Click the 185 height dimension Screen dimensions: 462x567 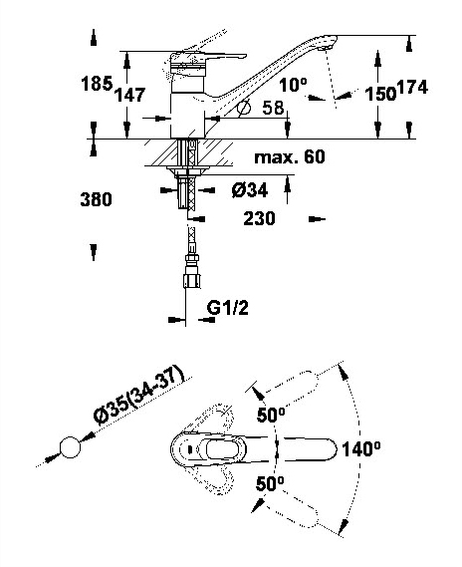click(x=97, y=84)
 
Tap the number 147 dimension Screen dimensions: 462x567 click(x=130, y=95)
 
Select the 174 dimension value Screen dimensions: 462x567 click(x=412, y=87)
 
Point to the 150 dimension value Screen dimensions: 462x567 click(x=380, y=94)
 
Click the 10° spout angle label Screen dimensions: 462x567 click(x=293, y=86)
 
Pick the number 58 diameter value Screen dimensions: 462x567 click(x=273, y=108)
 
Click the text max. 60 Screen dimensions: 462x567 click(x=290, y=156)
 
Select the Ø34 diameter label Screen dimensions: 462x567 click(x=250, y=190)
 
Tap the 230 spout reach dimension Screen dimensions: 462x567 click(x=259, y=218)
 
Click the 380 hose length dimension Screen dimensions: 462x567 click(x=97, y=199)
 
